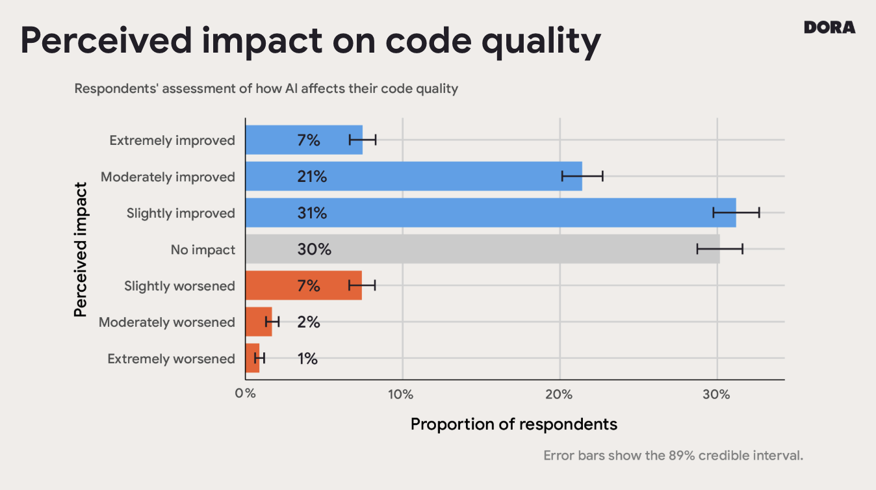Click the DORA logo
pyautogui.click(x=829, y=27)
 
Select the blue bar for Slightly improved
pyautogui.click(x=490, y=213)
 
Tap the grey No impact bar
pyautogui.click(x=482, y=250)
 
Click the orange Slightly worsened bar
pyautogui.click(x=303, y=286)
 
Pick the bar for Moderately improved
pyautogui.click(x=413, y=177)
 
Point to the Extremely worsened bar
pyautogui.click(x=252, y=359)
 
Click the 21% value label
pyautogui.click(x=312, y=177)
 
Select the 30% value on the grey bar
pyautogui.click(x=314, y=250)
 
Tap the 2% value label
pyautogui.click(x=309, y=322)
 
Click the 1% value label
pyautogui.click(x=307, y=359)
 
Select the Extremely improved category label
pyautogui.click(x=172, y=140)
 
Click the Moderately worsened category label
pyautogui.click(x=167, y=322)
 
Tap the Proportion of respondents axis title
pyautogui.click(x=513, y=424)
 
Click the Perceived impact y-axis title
pyautogui.click(x=81, y=250)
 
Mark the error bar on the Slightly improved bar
pyautogui.click(x=736, y=213)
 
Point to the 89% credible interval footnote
pyautogui.click(x=673, y=456)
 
